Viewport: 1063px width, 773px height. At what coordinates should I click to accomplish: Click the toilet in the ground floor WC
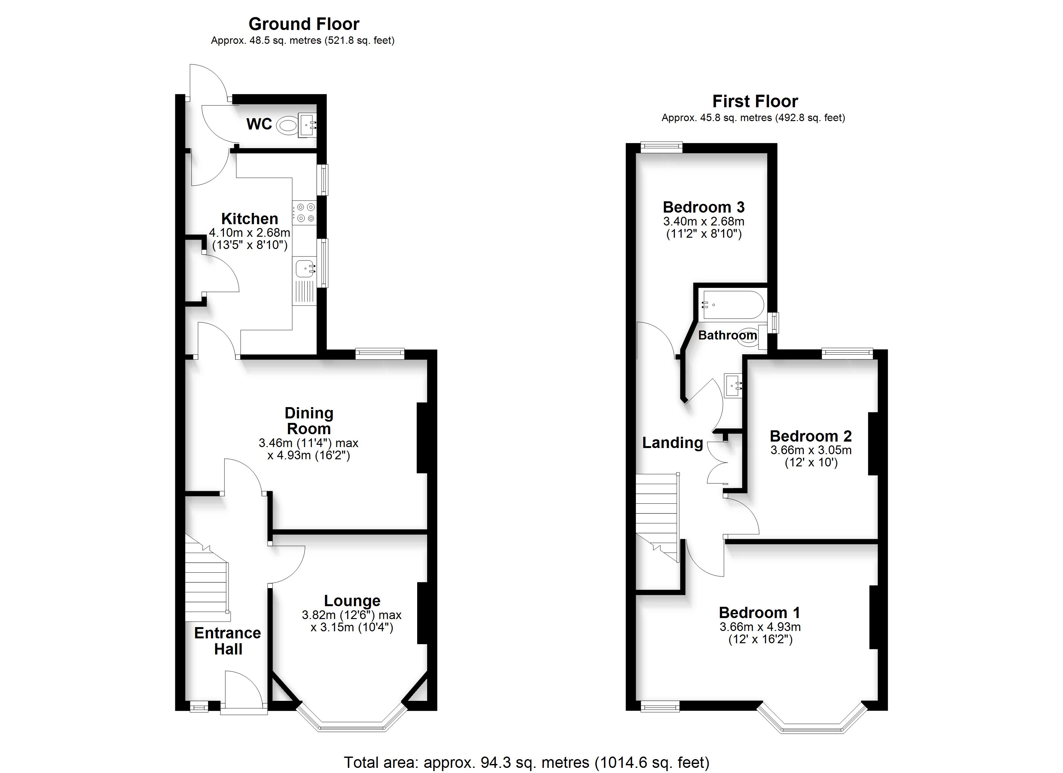click(287, 126)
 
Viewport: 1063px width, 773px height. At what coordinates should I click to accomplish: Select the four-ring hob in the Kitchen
click(305, 212)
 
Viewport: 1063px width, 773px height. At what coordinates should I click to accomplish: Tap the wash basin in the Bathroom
click(733, 385)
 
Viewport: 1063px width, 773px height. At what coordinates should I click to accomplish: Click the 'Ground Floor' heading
click(304, 24)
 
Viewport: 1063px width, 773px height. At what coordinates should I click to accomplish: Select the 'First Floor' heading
click(755, 101)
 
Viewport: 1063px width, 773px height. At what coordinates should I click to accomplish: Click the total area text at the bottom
click(527, 762)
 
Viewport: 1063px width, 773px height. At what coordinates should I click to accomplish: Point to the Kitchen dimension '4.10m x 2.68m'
click(249, 233)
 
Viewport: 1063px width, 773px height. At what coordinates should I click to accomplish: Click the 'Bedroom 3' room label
click(704, 207)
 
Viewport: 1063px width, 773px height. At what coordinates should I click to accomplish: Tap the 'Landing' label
click(673, 443)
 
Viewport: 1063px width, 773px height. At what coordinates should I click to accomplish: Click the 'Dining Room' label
click(309, 421)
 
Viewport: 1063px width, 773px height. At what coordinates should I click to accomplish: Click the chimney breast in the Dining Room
click(422, 437)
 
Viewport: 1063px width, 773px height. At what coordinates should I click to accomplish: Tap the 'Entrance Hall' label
click(228, 641)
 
